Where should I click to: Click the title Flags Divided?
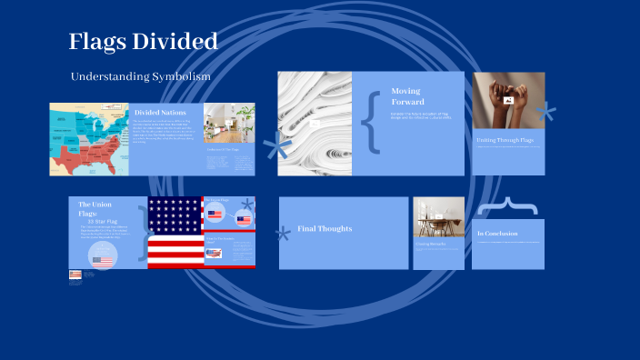[x=143, y=42]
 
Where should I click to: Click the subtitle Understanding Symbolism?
[x=141, y=76]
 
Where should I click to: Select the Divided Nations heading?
[x=160, y=112]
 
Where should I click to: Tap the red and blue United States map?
[x=90, y=138]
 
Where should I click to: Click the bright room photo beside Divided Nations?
[x=228, y=123]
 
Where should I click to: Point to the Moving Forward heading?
[x=406, y=95]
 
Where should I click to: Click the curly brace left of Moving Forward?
[x=370, y=119]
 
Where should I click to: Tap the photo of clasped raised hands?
[x=508, y=100]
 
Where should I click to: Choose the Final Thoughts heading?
[x=325, y=228]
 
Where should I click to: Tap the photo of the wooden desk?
[x=438, y=217]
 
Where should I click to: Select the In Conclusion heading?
[x=499, y=235]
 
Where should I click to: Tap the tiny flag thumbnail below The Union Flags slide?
[x=75, y=274]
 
